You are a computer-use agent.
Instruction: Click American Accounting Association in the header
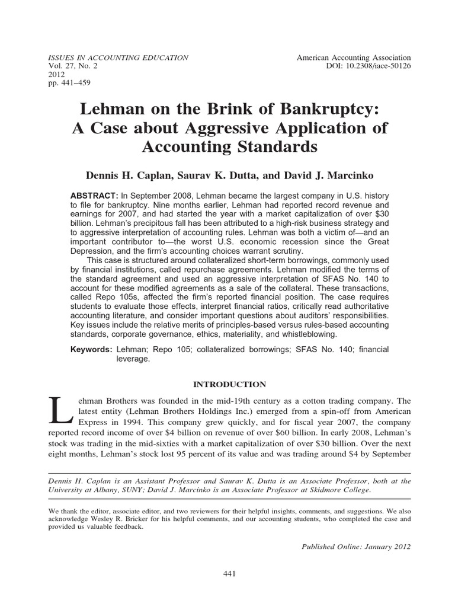354,57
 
